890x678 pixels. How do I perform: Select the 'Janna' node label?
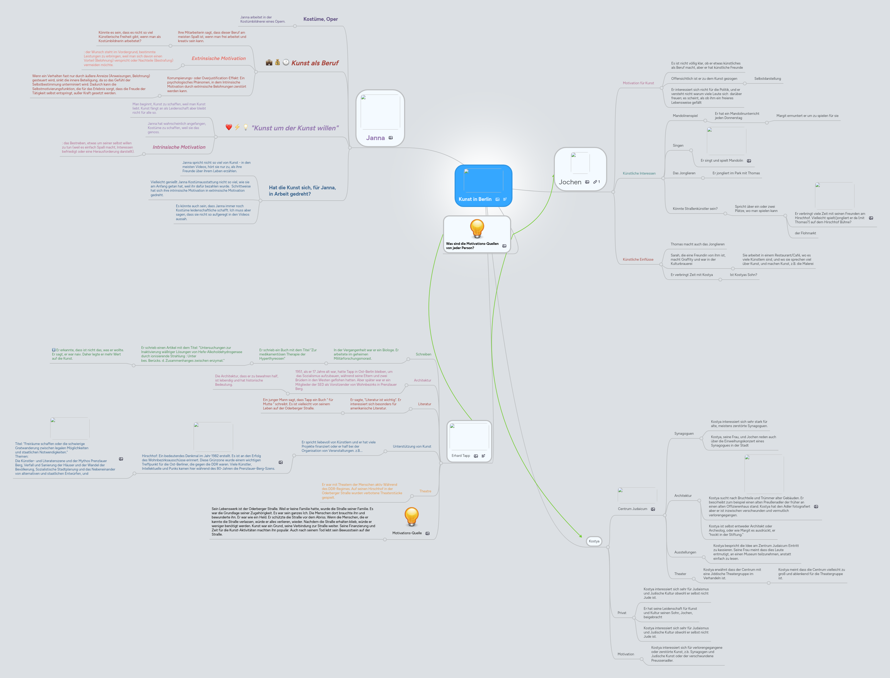[375, 138]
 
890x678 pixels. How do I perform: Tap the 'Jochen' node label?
[570, 182]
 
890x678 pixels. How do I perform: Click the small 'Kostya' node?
[594, 541]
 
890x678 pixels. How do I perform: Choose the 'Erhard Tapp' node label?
[461, 456]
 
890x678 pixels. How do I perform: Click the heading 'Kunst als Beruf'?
[315, 63]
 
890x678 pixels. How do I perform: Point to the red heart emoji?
[229, 127]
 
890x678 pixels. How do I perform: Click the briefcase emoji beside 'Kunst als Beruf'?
[269, 63]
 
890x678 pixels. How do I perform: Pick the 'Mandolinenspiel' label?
[685, 116]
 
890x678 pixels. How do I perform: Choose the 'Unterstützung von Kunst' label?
[412, 446]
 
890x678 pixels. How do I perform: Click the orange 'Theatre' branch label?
[425, 491]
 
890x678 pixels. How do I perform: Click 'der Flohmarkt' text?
[805, 233]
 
